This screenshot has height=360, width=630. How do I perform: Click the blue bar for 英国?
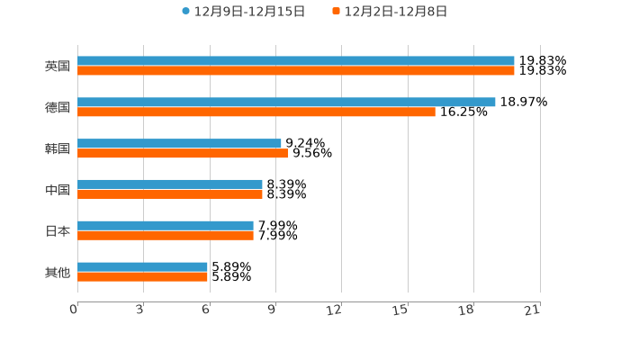pos(296,61)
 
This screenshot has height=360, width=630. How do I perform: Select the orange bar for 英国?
pos(296,71)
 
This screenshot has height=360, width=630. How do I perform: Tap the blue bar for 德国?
pos(286,103)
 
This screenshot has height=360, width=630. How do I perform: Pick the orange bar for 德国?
pos(256,112)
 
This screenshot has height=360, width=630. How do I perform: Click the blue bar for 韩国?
pos(179,144)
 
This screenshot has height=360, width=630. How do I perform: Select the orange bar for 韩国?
pos(183,154)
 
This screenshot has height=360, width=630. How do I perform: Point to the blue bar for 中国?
pos(170,184)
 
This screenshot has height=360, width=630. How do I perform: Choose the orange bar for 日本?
pos(166,236)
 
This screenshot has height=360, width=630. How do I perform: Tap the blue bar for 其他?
pos(142,267)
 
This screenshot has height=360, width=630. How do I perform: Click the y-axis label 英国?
pos(58,67)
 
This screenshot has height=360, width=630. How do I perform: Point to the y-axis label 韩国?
pos(58,148)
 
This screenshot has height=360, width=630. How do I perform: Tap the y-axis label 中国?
pos(58,190)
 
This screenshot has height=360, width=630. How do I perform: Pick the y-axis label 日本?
pos(58,231)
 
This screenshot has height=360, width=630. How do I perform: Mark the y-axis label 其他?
pos(58,272)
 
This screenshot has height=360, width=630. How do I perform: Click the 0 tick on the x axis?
pos(75,310)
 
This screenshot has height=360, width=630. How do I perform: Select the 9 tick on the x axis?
pos(272,310)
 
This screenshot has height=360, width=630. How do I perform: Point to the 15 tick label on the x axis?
pos(401,310)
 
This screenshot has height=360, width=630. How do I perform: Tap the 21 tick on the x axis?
pos(533,310)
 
